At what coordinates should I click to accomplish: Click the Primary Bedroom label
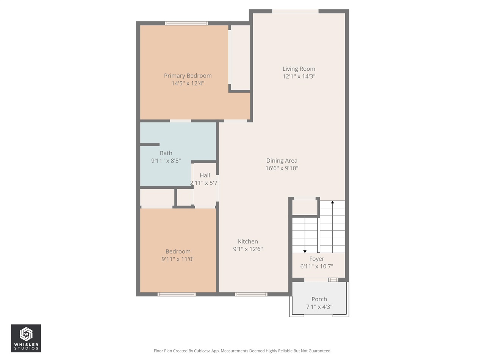[x=188, y=76]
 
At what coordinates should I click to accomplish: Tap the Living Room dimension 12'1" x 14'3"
[x=299, y=76]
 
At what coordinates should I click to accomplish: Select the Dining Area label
[x=282, y=161]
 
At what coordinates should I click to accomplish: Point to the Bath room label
[x=166, y=153]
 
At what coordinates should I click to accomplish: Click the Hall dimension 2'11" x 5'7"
[x=205, y=183]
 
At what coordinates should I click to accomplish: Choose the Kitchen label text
[x=248, y=242]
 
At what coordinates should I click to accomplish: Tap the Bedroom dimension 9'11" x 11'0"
[x=178, y=259]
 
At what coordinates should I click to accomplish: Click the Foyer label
[x=316, y=259]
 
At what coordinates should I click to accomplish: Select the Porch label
[x=319, y=299]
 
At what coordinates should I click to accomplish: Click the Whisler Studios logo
[x=26, y=338]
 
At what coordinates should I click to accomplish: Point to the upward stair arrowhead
[x=332, y=203]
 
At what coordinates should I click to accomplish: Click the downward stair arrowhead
[x=305, y=251]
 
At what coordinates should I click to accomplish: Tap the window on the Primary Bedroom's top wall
[x=186, y=23]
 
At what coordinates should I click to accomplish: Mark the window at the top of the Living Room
[x=295, y=11]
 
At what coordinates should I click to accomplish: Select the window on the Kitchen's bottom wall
[x=251, y=294]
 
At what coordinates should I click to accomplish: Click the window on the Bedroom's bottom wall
[x=177, y=294]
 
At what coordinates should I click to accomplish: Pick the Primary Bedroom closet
[x=240, y=57]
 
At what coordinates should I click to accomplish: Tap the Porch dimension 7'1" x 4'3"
[x=319, y=307]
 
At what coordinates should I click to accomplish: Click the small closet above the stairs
[x=305, y=207]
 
